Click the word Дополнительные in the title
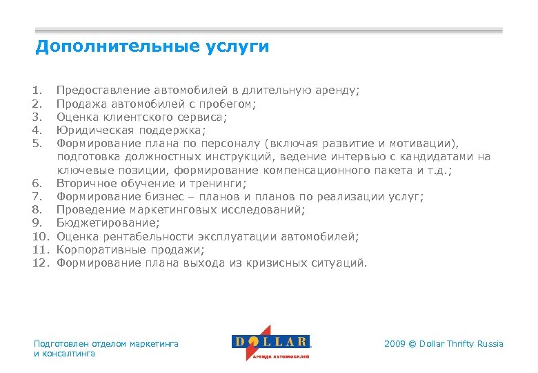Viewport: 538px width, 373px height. point(117,47)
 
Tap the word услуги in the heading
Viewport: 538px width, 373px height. point(237,48)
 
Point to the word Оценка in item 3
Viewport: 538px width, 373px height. point(77,117)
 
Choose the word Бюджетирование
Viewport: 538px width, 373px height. point(108,223)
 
